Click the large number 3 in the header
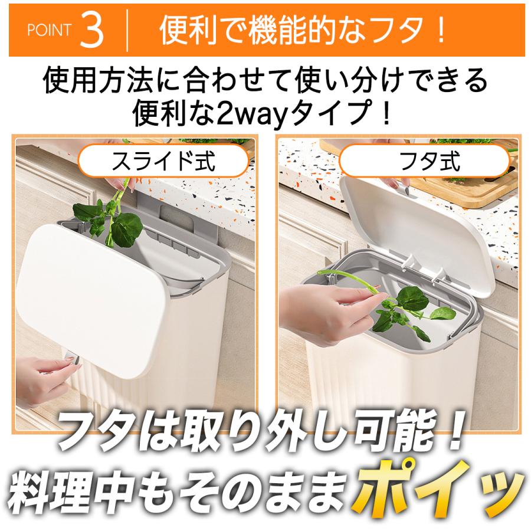point(92,30)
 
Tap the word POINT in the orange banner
point(50,30)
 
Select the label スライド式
point(163,161)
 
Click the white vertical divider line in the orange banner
point(127,31)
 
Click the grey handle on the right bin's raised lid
point(402,190)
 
